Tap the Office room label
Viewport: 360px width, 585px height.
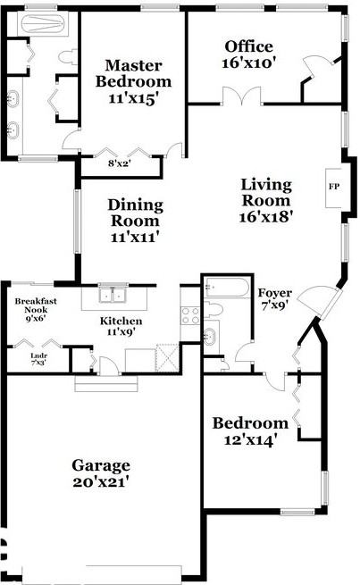248,46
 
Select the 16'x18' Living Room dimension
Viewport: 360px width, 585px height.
266,215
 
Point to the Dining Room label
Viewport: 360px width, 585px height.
135,212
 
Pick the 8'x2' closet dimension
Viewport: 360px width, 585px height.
119,163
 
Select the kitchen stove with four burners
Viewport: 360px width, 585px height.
189,314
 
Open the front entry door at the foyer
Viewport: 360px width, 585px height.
315,303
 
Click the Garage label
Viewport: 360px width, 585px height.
101,465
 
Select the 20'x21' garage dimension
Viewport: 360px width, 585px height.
101,482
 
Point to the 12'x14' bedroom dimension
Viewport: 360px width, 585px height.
250,439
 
